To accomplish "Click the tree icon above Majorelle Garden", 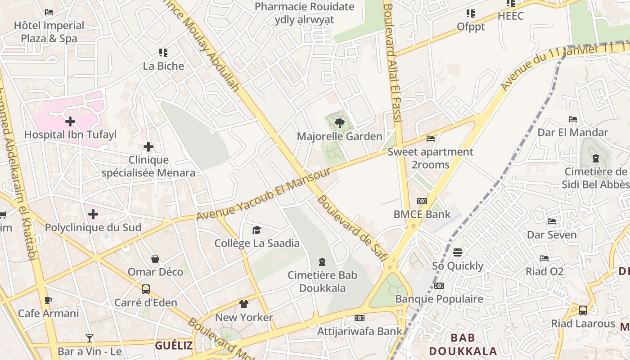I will [x=340, y=122].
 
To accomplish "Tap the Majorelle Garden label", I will [x=340, y=136].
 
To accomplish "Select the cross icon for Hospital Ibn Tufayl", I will [x=70, y=121].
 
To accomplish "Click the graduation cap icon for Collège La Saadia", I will [x=256, y=230].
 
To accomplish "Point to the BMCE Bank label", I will [x=422, y=214].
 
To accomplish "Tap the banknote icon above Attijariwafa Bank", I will [x=359, y=318].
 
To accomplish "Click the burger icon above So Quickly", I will [x=458, y=252].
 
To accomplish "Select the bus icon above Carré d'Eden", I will [x=146, y=289].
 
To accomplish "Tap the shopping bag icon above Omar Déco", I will [x=155, y=259].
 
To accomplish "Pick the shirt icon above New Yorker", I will [x=244, y=304].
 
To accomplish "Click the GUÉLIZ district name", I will [x=174, y=346].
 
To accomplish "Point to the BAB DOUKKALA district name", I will [x=463, y=344].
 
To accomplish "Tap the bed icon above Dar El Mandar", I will [x=573, y=119].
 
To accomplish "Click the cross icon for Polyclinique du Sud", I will [x=93, y=214].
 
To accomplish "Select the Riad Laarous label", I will [x=583, y=324].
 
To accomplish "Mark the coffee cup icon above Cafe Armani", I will [x=48, y=300].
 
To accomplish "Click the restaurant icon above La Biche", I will [x=163, y=53].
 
